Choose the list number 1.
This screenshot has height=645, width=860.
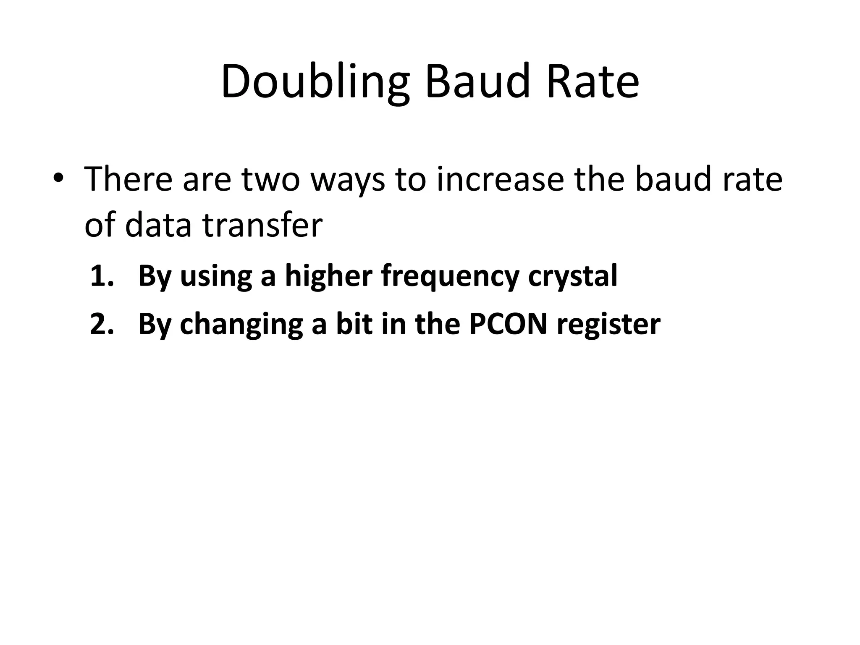coord(102,276)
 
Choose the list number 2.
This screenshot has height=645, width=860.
coord(102,324)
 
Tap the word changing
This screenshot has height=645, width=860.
coord(241,325)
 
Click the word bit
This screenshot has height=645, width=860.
coord(353,324)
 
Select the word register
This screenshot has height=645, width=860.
coord(608,325)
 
